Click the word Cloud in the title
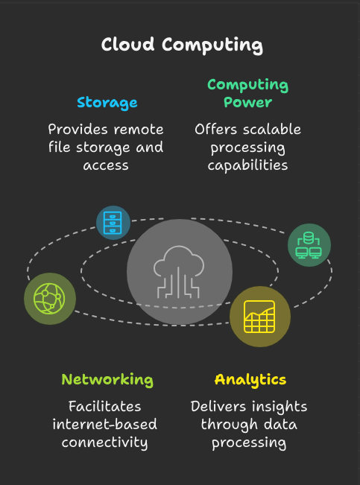[x=127, y=44]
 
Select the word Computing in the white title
[x=212, y=45]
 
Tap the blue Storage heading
[x=107, y=103]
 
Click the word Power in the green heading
[x=247, y=102]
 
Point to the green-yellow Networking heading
[x=107, y=380]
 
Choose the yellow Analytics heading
[x=250, y=380]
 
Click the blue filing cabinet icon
[x=113, y=223]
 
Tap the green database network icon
[x=309, y=245]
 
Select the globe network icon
[x=49, y=299]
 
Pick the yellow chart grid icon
[x=259, y=317]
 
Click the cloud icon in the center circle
[x=179, y=272]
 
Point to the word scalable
[x=272, y=129]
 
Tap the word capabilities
[x=247, y=165]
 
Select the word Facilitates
[x=104, y=406]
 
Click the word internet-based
[x=104, y=424]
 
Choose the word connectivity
[x=104, y=443]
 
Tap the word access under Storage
[x=106, y=166]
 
